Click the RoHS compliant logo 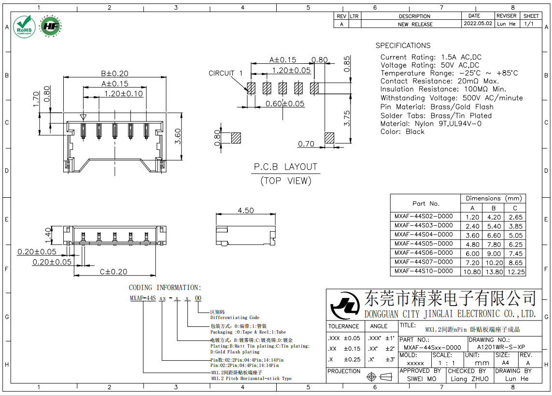pyautogui.click(x=24, y=26)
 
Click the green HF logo pyautogui.click(x=50, y=26)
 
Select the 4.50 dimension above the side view pyautogui.click(x=245, y=210)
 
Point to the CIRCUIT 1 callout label pyautogui.click(x=226, y=73)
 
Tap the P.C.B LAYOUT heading pyautogui.click(x=286, y=167)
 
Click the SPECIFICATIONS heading pyautogui.click(x=403, y=45)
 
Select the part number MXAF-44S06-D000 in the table pyautogui.click(x=424, y=253)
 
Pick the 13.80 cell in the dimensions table pyautogui.click(x=494, y=272)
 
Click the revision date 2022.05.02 pyautogui.click(x=478, y=24)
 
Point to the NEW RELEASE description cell pyautogui.click(x=415, y=24)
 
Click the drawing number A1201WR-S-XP pyautogui.click(x=501, y=347)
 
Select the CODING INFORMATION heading pyautogui.click(x=165, y=288)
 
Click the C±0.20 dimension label pyautogui.click(x=113, y=272)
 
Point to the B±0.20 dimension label pyautogui.click(x=114, y=73)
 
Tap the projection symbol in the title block pyautogui.click(x=379, y=377)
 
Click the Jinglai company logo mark pyautogui.click(x=345, y=305)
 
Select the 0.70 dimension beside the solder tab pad pyautogui.click(x=306, y=144)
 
